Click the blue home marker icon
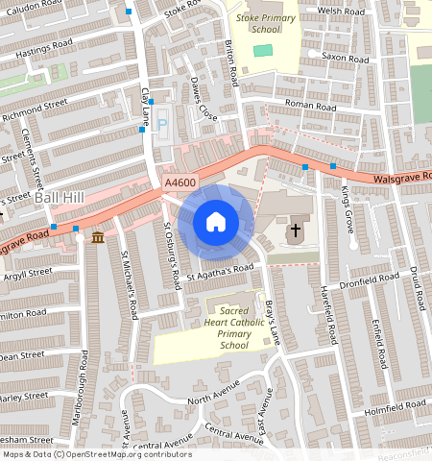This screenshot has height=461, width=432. click(216, 223)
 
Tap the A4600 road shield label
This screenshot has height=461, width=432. click(180, 183)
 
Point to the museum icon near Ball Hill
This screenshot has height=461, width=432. click(97, 236)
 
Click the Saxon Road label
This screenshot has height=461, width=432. click(346, 59)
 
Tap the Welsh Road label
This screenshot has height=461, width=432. click(343, 12)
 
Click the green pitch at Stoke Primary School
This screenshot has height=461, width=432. click(262, 50)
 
